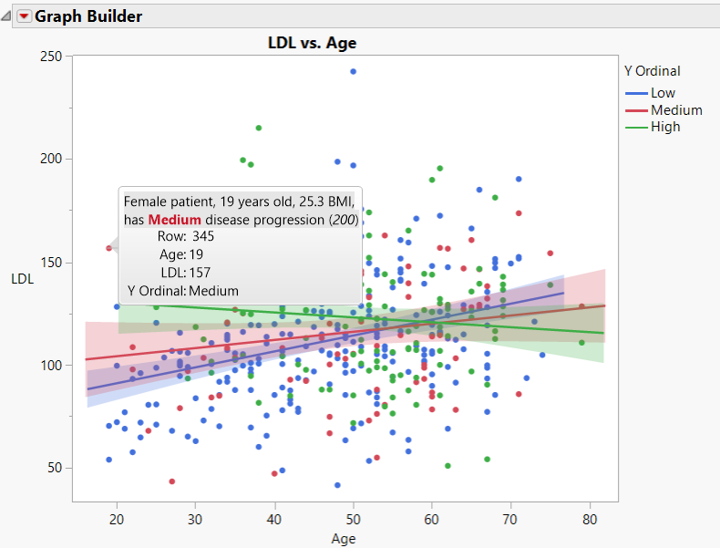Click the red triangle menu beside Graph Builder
(24, 16)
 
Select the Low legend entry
(663, 94)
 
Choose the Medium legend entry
(676, 110)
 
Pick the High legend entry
(665, 127)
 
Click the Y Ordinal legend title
(652, 71)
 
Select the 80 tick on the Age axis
(590, 518)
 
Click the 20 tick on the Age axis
(117, 518)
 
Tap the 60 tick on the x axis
(432, 518)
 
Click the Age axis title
(344, 538)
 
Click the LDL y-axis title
(22, 279)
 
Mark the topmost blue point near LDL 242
(354, 71)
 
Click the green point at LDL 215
(259, 128)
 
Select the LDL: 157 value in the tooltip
(200, 273)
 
